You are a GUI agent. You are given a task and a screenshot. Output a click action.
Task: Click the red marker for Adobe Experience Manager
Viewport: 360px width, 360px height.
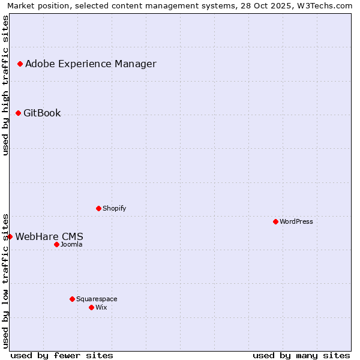[x=20, y=64]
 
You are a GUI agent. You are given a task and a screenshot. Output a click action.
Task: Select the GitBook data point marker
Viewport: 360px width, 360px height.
[x=18, y=113]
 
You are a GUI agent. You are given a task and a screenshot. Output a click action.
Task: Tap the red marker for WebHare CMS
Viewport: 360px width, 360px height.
[x=10, y=236]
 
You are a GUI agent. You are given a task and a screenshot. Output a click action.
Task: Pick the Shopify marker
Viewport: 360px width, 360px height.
[x=98, y=208]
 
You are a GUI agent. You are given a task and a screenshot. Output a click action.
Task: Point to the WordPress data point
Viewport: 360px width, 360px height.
[x=275, y=221]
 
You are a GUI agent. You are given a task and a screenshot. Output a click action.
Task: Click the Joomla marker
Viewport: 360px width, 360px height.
[x=56, y=244]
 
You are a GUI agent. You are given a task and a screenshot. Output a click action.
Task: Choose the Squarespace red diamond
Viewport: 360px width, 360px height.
[x=72, y=299]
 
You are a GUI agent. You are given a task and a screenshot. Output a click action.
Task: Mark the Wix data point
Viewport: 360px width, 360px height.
[x=91, y=307]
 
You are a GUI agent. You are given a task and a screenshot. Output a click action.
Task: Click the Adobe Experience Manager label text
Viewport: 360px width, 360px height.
[x=91, y=64]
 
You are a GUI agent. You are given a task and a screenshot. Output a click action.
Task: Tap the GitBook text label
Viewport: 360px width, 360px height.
[x=42, y=113]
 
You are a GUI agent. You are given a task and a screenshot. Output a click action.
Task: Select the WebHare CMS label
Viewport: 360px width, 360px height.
[x=49, y=237]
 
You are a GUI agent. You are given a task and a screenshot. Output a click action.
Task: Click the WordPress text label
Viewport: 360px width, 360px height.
[x=296, y=222]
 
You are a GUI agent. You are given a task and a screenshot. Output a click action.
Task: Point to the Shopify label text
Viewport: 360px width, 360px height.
[x=114, y=209]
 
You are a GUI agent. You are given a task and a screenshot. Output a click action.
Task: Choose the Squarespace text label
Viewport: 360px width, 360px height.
[x=97, y=299]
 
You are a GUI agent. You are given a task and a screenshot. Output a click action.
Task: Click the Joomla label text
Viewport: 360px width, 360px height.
[x=71, y=245]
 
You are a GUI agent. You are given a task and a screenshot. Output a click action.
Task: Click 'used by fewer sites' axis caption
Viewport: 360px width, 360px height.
[x=62, y=355]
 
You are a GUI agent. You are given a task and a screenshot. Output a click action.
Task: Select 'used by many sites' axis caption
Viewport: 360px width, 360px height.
[x=301, y=355]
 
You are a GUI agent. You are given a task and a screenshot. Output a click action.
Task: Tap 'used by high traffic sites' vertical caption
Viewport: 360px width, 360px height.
[x=6, y=85]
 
